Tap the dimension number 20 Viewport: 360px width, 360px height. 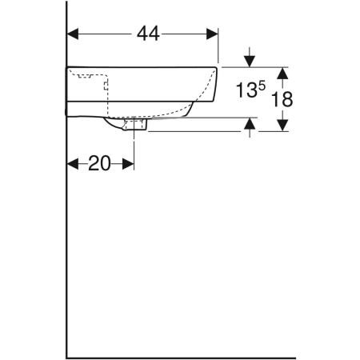[99, 164]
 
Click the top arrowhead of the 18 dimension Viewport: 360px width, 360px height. [282, 72]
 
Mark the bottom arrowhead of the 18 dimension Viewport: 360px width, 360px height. [282, 126]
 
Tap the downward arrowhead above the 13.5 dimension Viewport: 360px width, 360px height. [251, 61]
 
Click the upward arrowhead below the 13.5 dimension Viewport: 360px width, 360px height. [251, 123]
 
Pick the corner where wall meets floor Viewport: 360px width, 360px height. [66, 357]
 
